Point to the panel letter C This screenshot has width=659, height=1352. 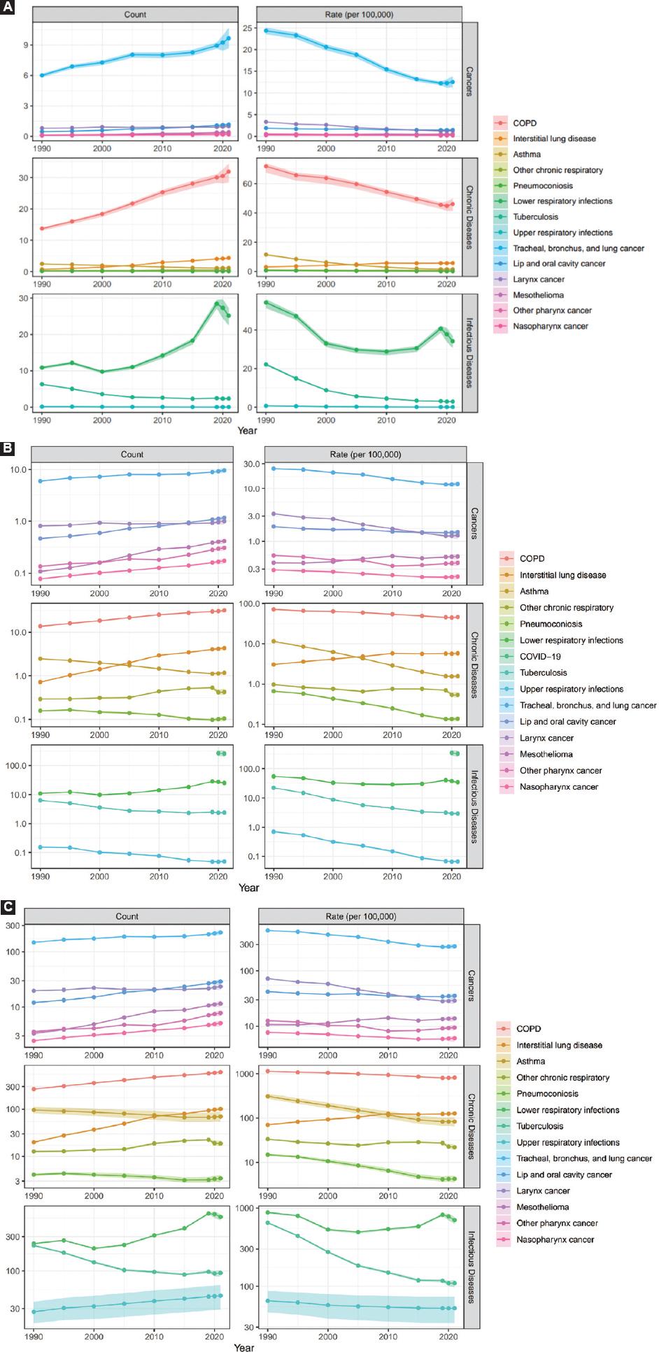click(x=8, y=906)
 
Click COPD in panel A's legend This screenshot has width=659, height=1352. click(x=524, y=123)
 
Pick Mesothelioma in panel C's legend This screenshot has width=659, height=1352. click(x=542, y=1207)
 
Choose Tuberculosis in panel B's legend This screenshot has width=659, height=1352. click(x=543, y=673)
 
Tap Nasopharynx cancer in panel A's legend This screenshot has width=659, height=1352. click(x=551, y=326)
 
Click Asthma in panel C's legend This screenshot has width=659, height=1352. click(x=531, y=1061)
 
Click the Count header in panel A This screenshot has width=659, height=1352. click(x=135, y=14)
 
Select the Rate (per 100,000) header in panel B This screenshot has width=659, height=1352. click(x=365, y=455)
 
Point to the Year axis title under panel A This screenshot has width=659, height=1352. click(x=247, y=431)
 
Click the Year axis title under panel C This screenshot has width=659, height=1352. click(x=244, y=1347)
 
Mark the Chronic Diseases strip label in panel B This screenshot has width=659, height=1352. click(x=474, y=664)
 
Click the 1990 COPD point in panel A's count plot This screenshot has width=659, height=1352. click(x=42, y=229)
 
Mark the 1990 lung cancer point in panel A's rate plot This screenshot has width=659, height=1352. click(x=267, y=31)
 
